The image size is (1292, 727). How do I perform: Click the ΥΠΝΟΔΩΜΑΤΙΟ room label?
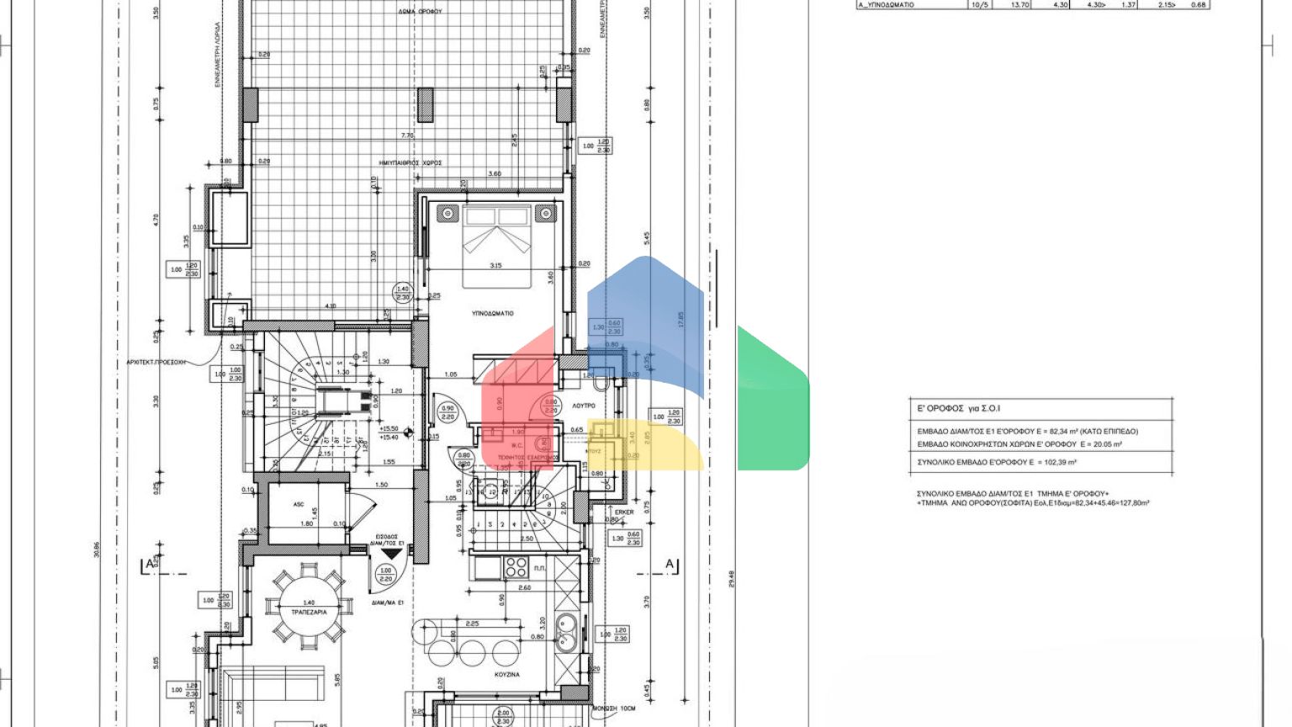pyautogui.click(x=492, y=313)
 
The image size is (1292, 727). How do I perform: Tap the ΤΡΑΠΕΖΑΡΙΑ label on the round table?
pyautogui.click(x=309, y=612)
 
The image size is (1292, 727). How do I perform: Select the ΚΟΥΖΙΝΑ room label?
pyautogui.click(x=506, y=675)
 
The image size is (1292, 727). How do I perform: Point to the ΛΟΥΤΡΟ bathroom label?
pyautogui.click(x=584, y=406)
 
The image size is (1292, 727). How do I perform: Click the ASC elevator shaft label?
pyautogui.click(x=299, y=504)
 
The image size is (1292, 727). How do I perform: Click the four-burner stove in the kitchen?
pyautogui.click(x=515, y=567)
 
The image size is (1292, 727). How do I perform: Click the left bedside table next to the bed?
pyautogui.click(x=447, y=214)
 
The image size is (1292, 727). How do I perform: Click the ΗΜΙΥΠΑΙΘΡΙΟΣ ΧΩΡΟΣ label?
pyautogui.click(x=410, y=162)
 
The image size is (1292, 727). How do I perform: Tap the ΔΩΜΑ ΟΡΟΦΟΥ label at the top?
pyautogui.click(x=421, y=12)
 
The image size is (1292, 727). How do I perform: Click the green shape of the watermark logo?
pyautogui.click(x=772, y=400)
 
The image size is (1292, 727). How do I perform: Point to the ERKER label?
pyautogui.click(x=623, y=512)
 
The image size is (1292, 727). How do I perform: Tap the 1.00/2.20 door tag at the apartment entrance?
pyautogui.click(x=386, y=574)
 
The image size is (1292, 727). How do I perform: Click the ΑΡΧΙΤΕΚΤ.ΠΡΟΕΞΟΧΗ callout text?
pyautogui.click(x=156, y=363)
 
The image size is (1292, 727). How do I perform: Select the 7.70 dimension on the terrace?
pyautogui.click(x=407, y=135)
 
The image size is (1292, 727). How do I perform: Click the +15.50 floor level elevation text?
pyautogui.click(x=389, y=428)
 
